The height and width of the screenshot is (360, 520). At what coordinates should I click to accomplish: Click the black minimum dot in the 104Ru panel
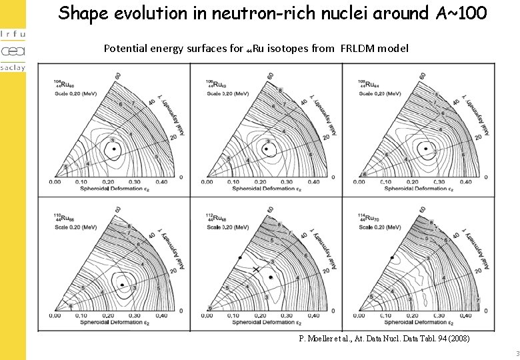[114, 149]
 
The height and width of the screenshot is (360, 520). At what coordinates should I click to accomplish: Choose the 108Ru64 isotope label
[367, 85]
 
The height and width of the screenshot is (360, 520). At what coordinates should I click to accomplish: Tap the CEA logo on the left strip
[12, 51]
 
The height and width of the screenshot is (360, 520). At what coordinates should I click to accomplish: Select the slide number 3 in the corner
[516, 353]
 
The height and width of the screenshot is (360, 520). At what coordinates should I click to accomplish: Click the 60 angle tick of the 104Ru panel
[118, 77]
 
